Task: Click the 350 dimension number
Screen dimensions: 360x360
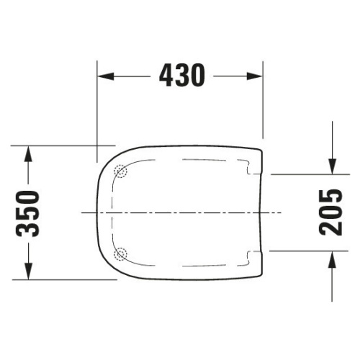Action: tap(28, 213)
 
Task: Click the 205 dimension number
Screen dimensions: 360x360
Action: tap(330, 213)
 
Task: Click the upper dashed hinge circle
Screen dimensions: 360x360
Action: tap(121, 171)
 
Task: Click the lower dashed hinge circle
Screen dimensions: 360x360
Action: tap(121, 253)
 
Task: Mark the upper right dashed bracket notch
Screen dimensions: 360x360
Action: tap(250, 170)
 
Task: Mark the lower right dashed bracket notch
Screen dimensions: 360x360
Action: tap(250, 254)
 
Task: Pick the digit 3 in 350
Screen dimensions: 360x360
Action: tap(28, 229)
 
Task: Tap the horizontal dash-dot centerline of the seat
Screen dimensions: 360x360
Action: tap(180, 213)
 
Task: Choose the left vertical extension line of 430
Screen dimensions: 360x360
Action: tap(97, 108)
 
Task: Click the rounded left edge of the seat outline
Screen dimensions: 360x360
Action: tap(97, 213)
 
